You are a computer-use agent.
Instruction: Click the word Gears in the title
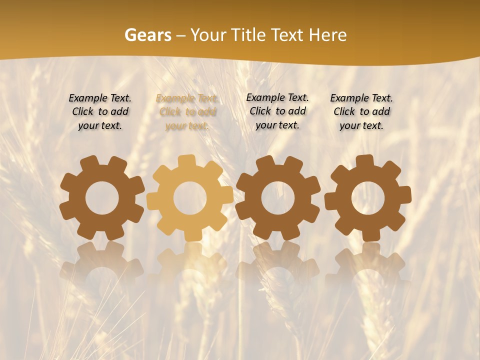click(x=147, y=35)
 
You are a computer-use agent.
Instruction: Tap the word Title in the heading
click(x=248, y=35)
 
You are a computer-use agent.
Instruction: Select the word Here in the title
click(x=327, y=35)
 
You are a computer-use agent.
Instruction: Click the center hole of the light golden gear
click(x=190, y=198)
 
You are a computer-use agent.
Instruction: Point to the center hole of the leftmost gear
click(x=102, y=198)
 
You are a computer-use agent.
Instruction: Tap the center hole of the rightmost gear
click(x=367, y=198)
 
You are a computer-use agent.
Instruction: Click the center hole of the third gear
click(x=277, y=198)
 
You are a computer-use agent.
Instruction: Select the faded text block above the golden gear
click(x=187, y=112)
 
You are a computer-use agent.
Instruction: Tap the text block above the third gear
click(x=277, y=111)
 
